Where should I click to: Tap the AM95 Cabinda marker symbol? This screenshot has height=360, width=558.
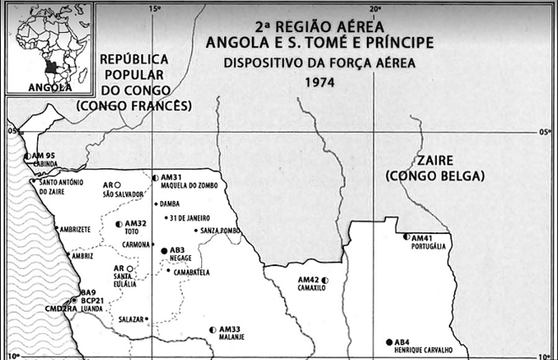26,156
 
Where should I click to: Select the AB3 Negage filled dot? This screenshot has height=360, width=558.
164,251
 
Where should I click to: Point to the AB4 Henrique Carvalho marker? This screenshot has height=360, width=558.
389,341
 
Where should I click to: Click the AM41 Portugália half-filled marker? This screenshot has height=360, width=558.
406,237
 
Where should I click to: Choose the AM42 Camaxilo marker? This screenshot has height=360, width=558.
324,280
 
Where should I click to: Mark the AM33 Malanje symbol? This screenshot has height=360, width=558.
213,330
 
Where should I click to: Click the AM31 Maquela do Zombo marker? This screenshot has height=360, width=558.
155,177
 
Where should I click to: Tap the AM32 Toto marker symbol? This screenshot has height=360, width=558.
119,224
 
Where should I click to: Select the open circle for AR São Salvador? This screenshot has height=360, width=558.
118,184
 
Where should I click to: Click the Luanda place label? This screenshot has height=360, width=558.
94,308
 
